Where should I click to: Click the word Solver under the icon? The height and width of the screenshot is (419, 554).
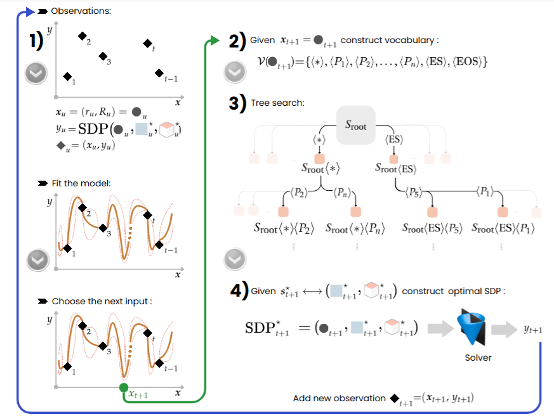point(478,358)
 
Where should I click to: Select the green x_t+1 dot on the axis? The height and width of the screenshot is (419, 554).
point(124,387)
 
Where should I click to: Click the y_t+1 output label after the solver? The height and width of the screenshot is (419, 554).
point(532,329)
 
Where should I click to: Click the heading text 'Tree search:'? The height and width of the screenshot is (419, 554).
point(277,103)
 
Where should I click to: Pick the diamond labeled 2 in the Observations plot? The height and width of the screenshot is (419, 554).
point(81,36)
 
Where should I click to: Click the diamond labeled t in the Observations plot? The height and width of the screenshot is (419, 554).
point(147,43)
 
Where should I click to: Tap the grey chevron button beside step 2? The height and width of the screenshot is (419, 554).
point(235,73)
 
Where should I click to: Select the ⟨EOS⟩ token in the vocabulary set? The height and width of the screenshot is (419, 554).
point(468,62)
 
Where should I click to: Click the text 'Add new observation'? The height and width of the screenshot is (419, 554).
point(339,398)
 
